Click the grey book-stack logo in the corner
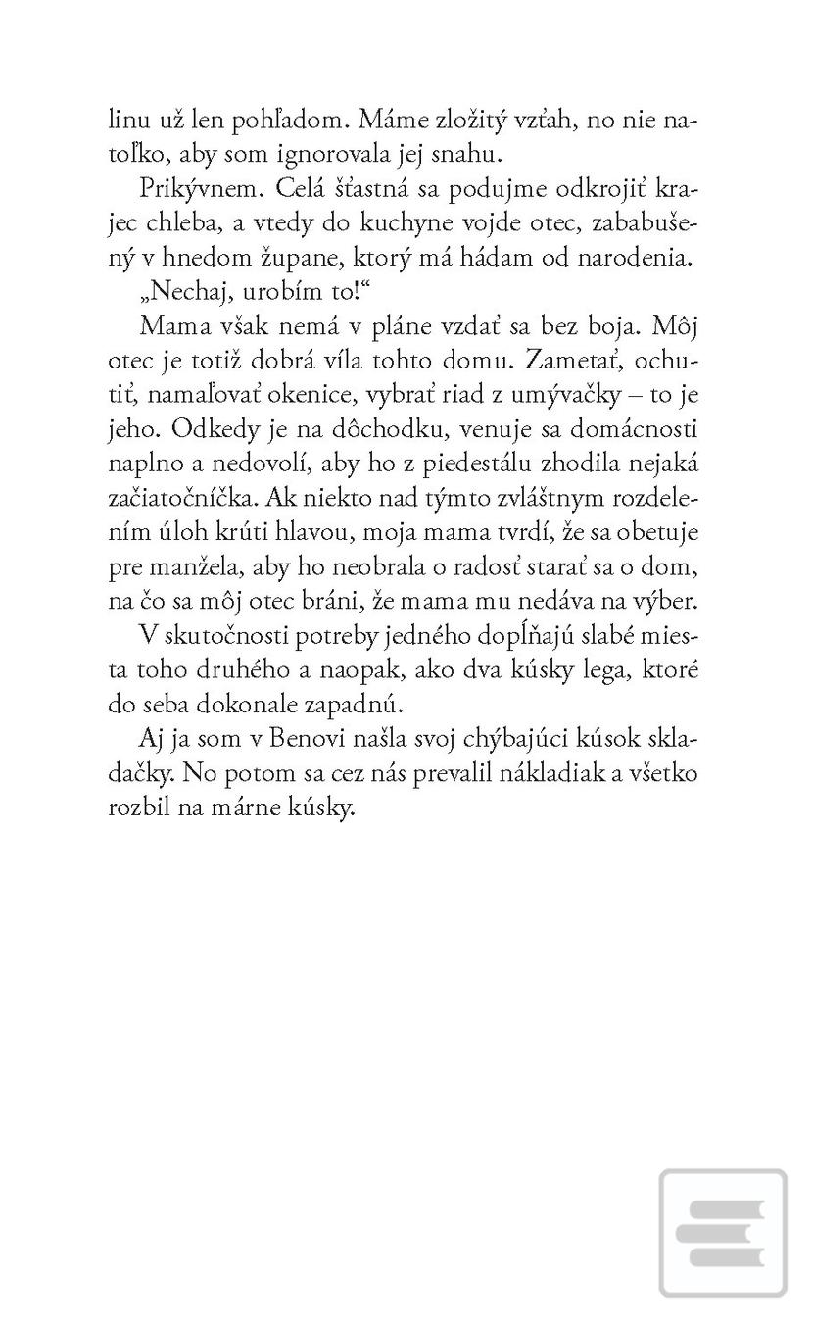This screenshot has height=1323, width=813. click(723, 1233)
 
